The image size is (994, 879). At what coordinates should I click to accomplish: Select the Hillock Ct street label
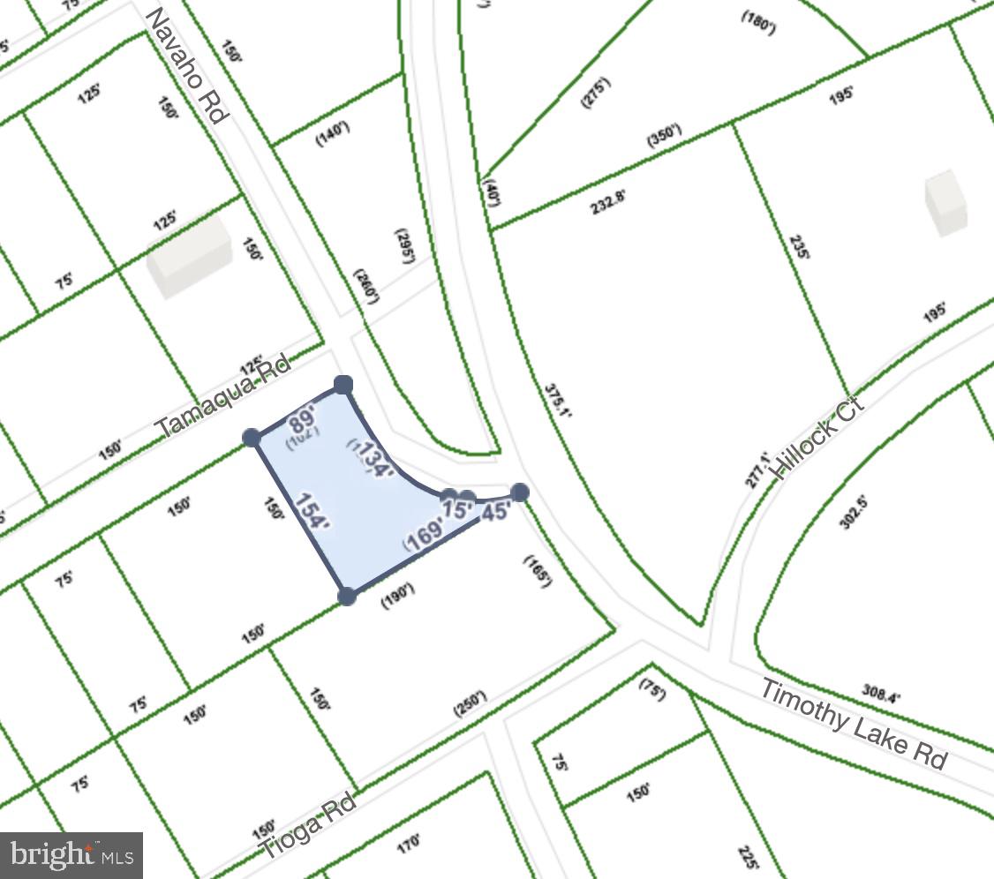click(817, 438)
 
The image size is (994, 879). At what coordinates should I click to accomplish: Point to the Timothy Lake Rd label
click(854, 725)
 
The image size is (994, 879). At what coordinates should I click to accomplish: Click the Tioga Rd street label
click(308, 826)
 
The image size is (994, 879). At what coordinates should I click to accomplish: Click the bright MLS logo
click(72, 855)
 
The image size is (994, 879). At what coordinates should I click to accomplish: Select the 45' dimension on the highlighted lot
click(496, 511)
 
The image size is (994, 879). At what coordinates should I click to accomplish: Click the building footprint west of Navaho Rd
click(189, 254)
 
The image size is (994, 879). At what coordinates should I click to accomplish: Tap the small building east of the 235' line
click(945, 202)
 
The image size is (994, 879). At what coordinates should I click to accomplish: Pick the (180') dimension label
click(757, 24)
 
